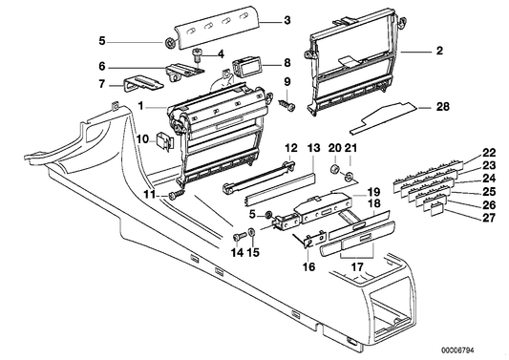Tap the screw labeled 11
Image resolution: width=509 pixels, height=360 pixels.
[175, 194]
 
